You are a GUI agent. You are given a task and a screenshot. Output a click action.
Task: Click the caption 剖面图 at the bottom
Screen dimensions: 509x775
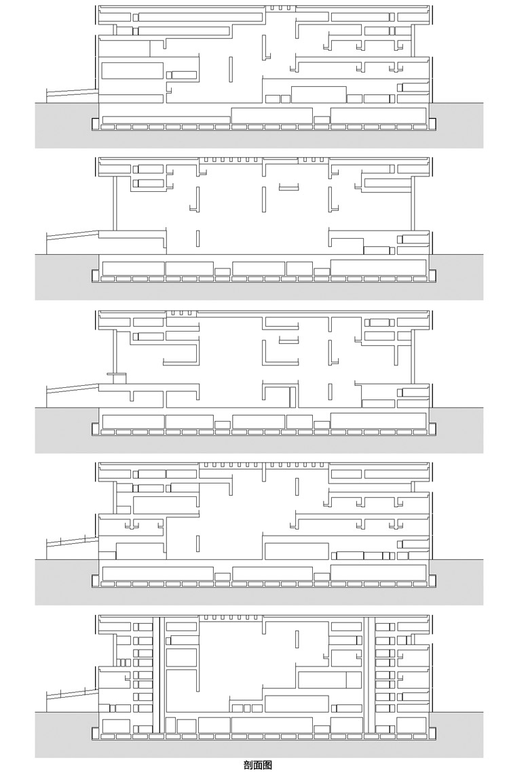pyautogui.click(x=258, y=765)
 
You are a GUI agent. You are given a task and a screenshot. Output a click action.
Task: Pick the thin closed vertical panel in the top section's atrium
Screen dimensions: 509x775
pyautogui.click(x=231, y=69)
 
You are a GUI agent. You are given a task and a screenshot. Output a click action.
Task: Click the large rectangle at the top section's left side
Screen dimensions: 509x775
pyautogui.click(x=132, y=71)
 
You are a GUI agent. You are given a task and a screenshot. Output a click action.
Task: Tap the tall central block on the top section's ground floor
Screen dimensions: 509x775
pyautogui.click(x=318, y=94)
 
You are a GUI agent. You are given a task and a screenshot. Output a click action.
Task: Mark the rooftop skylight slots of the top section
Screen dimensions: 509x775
pyautogui.click(x=280, y=8)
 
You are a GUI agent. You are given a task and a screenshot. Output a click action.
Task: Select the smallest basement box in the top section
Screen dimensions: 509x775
pyautogui.click(x=322, y=119)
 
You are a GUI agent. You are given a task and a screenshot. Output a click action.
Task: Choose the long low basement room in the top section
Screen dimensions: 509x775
pyautogui.click(x=166, y=119)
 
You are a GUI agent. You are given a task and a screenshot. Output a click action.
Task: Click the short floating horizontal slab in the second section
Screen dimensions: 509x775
pyautogui.click(x=289, y=186)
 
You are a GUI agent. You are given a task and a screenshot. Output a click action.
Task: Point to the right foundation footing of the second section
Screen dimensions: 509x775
pyautogui.click(x=432, y=275)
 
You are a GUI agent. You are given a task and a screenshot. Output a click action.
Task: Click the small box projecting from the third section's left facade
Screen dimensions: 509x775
pyautogui.click(x=117, y=378)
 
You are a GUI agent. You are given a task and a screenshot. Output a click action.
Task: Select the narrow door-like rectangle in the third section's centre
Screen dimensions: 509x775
pyautogui.click(x=293, y=397)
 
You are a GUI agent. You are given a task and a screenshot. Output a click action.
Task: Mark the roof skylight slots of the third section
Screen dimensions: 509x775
pyautogui.click(x=181, y=313)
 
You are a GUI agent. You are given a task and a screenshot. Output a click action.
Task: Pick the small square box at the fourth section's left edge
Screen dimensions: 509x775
pyautogui.click(x=124, y=509)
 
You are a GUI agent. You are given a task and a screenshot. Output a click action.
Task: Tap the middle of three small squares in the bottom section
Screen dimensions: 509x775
pyautogui.click(x=247, y=709)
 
